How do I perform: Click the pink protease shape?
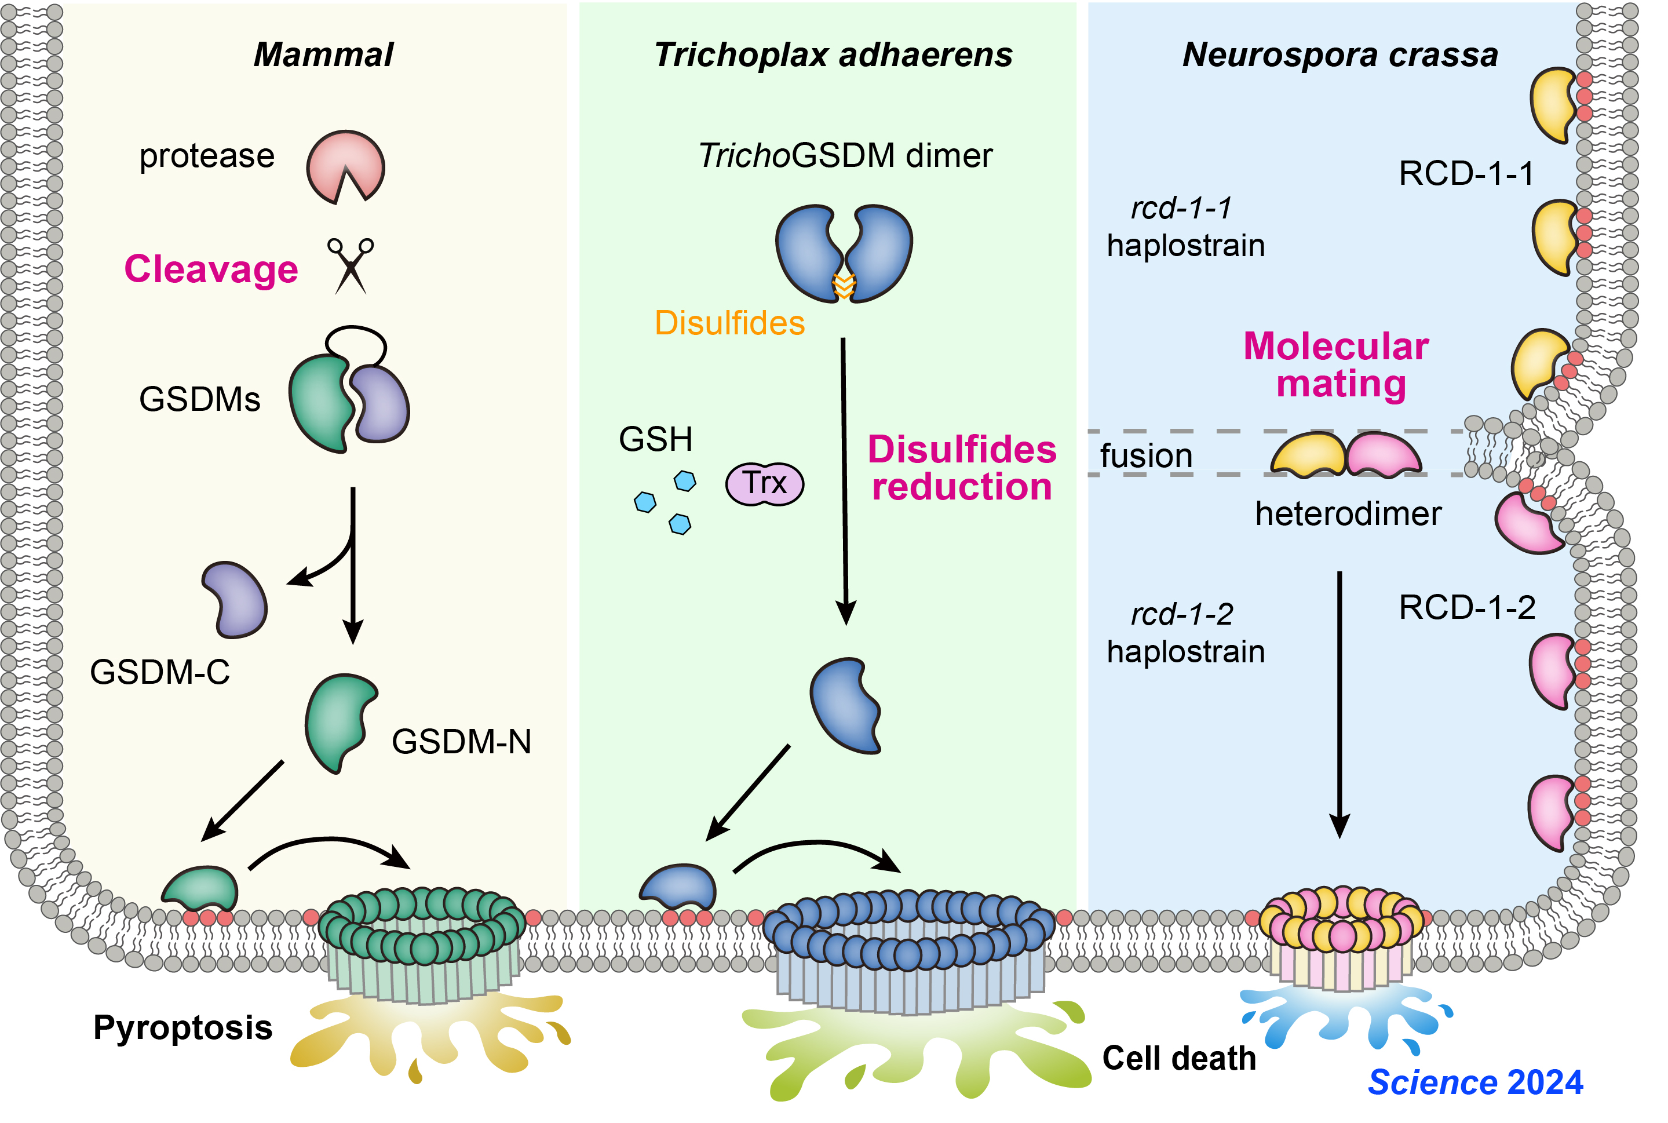[x=345, y=166]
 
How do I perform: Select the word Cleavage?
[x=211, y=269]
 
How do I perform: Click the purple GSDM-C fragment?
[x=237, y=600]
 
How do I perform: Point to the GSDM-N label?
[x=462, y=741]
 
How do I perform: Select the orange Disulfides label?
[x=729, y=323]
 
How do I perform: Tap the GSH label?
[x=656, y=439]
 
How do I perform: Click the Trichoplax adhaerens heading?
[x=833, y=55]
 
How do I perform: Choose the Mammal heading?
[x=324, y=55]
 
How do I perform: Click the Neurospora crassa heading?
[x=1340, y=55]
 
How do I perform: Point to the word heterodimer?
[x=1348, y=513]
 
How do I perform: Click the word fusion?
[x=1146, y=456]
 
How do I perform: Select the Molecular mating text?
[x=1337, y=364]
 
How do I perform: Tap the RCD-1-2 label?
[x=1467, y=607]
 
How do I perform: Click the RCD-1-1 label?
[x=1466, y=173]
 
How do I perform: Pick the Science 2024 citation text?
[x=1476, y=1082]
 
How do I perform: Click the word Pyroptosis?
[x=183, y=1028]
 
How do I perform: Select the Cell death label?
[x=1179, y=1059]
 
